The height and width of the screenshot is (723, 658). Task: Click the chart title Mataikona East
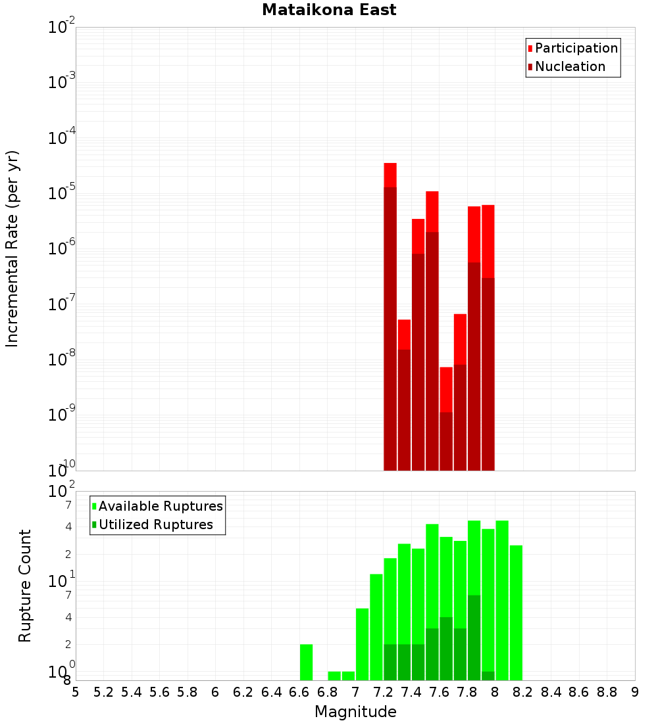click(x=329, y=11)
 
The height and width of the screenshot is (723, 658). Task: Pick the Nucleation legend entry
click(x=569, y=66)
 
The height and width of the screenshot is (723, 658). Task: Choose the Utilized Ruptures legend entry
click(x=155, y=525)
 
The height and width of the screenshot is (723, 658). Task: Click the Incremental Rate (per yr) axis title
click(x=13, y=249)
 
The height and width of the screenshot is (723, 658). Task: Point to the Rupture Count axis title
click(x=25, y=585)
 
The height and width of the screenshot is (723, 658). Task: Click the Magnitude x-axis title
click(x=355, y=712)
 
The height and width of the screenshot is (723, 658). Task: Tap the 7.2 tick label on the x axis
click(x=383, y=692)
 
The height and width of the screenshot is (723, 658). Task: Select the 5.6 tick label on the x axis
click(x=159, y=692)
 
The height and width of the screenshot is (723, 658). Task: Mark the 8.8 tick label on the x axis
click(x=607, y=692)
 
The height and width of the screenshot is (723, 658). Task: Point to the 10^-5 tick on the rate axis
click(x=61, y=193)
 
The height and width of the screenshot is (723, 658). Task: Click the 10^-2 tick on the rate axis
click(x=61, y=28)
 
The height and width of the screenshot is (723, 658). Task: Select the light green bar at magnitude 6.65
click(x=306, y=662)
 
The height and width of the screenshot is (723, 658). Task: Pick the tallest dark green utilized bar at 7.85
click(x=474, y=638)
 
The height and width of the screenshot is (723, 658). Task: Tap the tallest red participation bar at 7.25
click(x=390, y=175)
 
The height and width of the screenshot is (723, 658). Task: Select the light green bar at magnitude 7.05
click(x=362, y=644)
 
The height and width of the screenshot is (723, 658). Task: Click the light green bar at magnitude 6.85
click(x=334, y=676)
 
